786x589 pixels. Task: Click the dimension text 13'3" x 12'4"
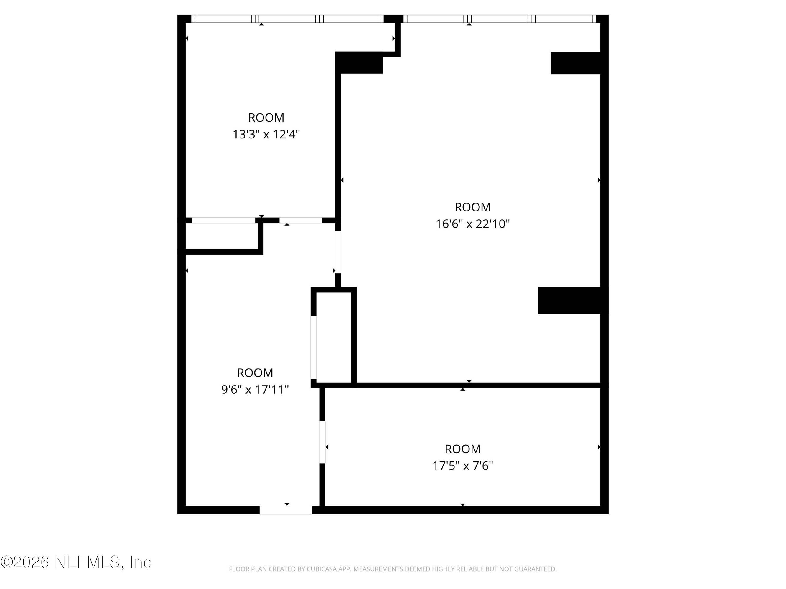[266, 135]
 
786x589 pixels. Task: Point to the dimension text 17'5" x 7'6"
[463, 466]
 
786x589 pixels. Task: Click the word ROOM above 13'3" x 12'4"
[266, 118]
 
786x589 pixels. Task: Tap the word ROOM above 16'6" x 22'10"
[473, 207]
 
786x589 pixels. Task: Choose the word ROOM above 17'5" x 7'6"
[463, 449]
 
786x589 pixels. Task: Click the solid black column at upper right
[575, 63]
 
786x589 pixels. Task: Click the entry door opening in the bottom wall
[286, 510]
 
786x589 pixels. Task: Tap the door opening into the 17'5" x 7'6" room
[323, 442]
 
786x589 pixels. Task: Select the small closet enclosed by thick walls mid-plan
[334, 337]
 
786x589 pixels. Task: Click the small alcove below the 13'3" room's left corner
[222, 236]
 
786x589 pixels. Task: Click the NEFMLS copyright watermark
[76, 562]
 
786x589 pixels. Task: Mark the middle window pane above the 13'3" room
[287, 19]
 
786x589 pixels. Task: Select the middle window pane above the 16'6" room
[500, 19]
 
